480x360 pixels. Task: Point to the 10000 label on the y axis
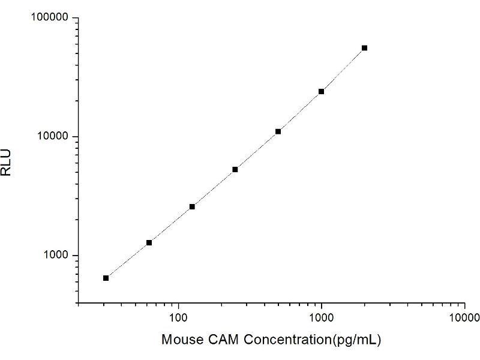[x=53, y=137]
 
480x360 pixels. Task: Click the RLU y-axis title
[x=7, y=163]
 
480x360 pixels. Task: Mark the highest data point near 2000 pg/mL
[x=364, y=48]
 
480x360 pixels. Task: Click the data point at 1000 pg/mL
[x=321, y=91]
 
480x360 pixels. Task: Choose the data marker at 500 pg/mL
[x=278, y=131]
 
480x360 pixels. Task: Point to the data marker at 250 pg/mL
[x=235, y=169]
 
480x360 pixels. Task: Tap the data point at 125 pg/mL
[x=192, y=206]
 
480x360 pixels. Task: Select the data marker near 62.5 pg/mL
[x=149, y=242]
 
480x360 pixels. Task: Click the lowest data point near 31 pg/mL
[x=106, y=278]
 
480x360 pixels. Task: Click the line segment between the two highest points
[x=343, y=70]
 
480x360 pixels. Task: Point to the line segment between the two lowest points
[x=127, y=260]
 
